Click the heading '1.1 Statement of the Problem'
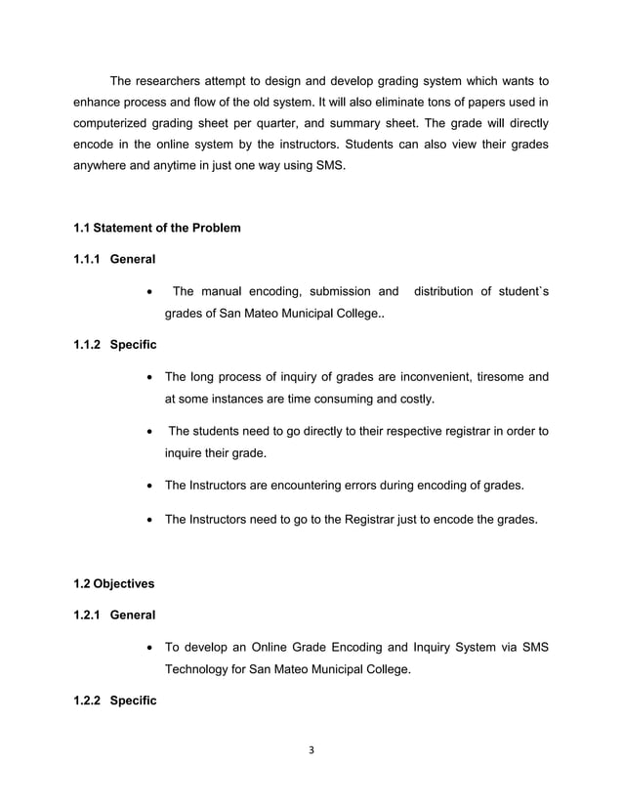click(x=156, y=228)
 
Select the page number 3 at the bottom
click(x=311, y=751)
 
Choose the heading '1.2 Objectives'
click(x=113, y=583)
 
